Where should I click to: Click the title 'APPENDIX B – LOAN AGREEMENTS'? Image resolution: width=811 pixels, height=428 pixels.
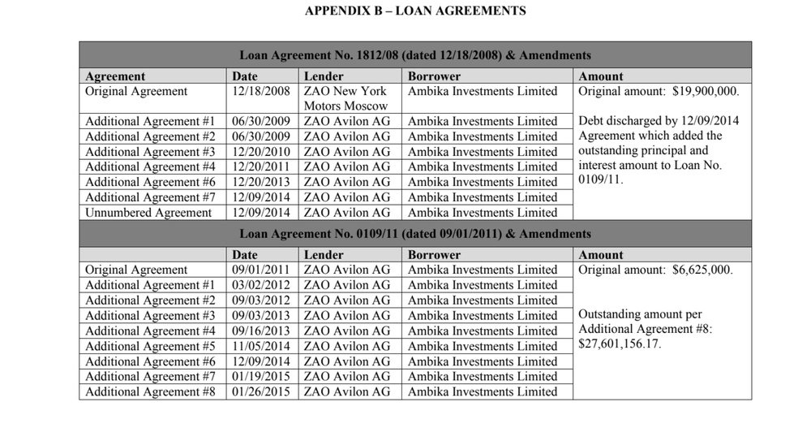tap(414, 11)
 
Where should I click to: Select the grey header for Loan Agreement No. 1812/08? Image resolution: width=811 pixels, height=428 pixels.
tap(414, 55)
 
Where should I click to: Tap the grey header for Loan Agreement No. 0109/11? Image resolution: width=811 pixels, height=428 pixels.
tap(414, 234)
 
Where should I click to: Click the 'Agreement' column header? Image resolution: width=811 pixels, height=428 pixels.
tap(115, 76)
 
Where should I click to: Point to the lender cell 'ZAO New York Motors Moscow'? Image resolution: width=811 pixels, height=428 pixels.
tap(345, 98)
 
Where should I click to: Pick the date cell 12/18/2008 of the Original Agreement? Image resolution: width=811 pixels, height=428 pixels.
tap(260, 91)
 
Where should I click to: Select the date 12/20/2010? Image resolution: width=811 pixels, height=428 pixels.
tap(260, 152)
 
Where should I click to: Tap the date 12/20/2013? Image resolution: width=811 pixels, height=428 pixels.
tap(260, 182)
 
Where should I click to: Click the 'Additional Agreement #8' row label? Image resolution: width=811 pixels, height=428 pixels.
tap(150, 391)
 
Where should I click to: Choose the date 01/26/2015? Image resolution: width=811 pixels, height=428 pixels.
tap(260, 391)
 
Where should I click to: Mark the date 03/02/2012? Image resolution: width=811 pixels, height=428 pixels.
tap(260, 285)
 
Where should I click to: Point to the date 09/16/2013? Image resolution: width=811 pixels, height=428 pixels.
tap(260, 331)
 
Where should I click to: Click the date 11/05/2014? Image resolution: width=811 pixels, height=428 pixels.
tap(260, 346)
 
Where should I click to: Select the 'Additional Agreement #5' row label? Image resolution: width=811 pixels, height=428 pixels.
tap(150, 346)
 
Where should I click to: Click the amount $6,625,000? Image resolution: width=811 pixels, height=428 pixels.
tap(702, 270)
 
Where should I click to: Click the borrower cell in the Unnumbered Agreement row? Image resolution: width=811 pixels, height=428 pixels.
tap(483, 213)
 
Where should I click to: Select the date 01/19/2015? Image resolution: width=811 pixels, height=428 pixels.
tap(260, 376)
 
